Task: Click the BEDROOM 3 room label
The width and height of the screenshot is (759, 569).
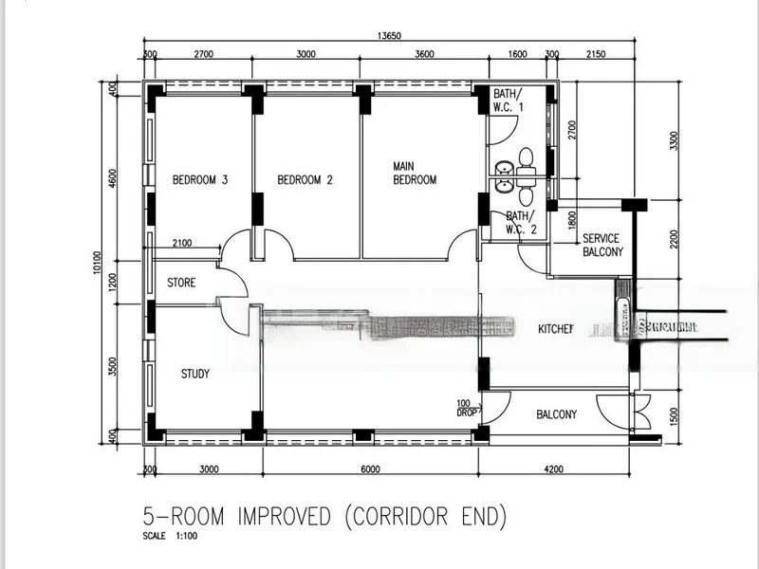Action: (x=199, y=179)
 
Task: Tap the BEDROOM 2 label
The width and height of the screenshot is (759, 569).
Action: (x=305, y=179)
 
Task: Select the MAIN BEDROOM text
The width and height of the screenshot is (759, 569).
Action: (x=415, y=173)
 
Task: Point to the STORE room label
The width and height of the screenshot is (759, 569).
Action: (x=181, y=283)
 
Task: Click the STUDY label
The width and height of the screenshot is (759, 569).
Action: (x=194, y=374)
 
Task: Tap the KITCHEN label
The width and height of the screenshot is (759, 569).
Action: (x=556, y=329)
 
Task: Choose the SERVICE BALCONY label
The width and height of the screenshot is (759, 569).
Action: (x=602, y=245)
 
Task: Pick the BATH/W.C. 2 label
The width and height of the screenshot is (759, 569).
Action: (x=521, y=222)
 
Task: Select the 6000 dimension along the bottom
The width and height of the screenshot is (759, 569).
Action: (x=370, y=468)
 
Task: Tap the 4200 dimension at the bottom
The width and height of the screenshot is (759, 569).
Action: (x=553, y=468)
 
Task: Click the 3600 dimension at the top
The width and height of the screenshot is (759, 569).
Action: (x=423, y=55)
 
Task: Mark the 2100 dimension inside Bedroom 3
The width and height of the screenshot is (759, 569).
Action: (x=181, y=243)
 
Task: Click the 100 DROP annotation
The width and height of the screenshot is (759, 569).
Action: (x=467, y=407)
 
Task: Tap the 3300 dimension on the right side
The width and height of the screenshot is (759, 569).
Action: (x=675, y=140)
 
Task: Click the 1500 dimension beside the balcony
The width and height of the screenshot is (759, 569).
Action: (x=675, y=414)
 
